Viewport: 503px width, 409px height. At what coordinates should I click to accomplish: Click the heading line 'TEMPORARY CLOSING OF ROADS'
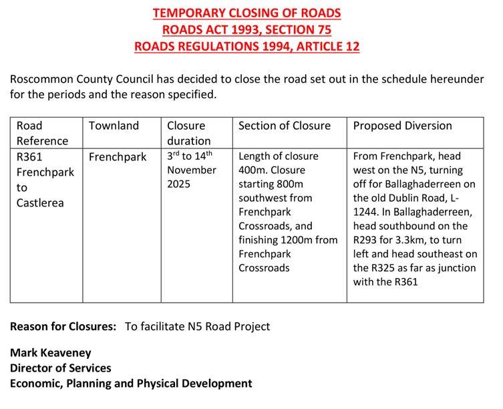(x=246, y=13)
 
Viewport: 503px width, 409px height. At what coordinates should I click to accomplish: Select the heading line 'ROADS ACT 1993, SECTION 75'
(x=246, y=29)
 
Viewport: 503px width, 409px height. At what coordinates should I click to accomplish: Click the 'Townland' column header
(x=114, y=126)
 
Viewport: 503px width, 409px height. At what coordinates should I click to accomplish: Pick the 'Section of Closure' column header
(x=284, y=126)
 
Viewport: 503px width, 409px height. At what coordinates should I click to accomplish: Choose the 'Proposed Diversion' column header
(x=402, y=126)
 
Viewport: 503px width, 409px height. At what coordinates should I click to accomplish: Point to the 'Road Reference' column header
(x=42, y=133)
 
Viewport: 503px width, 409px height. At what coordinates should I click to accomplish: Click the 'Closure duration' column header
(x=186, y=133)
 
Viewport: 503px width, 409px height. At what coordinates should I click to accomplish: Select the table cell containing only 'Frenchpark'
(x=117, y=158)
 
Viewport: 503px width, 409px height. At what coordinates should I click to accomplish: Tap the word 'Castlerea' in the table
(x=40, y=202)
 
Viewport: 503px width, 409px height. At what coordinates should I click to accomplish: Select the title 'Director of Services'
(x=60, y=368)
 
